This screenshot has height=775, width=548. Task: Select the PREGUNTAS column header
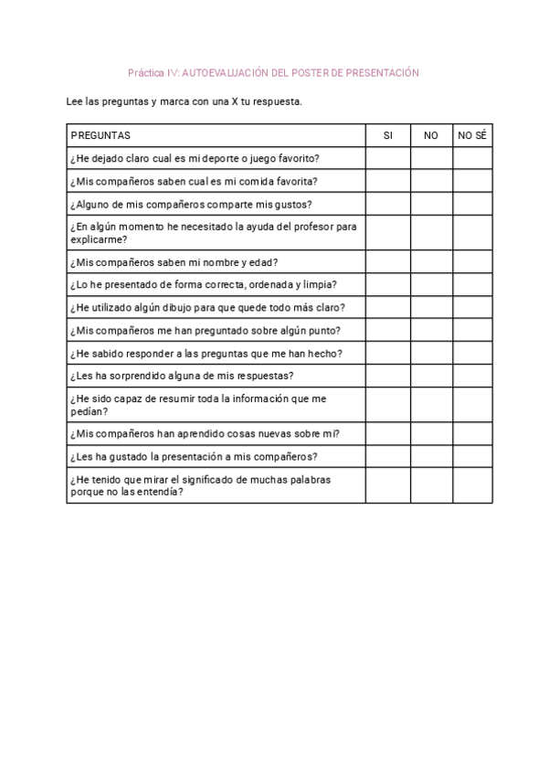tap(100, 135)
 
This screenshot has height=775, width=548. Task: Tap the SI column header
tap(388, 135)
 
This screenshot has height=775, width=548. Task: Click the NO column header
tap(431, 135)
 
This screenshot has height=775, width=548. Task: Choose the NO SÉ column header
tap(472, 135)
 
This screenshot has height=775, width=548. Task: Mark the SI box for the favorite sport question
tap(388, 158)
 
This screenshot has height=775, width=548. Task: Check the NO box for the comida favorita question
tap(431, 181)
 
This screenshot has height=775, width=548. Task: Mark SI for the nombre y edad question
tap(388, 262)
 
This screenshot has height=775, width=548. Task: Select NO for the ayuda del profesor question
tap(431, 233)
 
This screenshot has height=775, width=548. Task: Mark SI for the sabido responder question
tap(388, 353)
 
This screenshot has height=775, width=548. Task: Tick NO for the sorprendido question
tap(431, 376)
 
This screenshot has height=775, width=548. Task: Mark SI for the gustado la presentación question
tap(388, 456)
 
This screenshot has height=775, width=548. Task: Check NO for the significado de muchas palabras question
tap(431, 485)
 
